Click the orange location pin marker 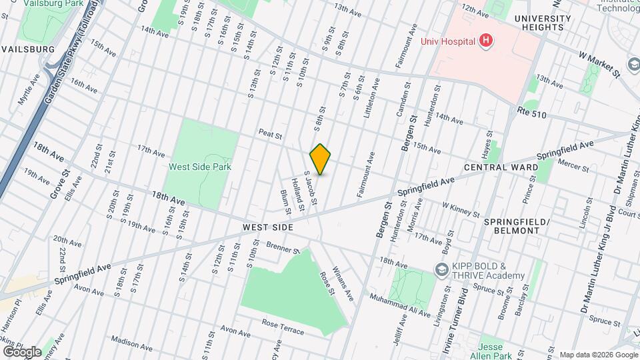[x=320, y=159]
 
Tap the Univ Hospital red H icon [x=486, y=41]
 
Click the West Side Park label [x=199, y=167]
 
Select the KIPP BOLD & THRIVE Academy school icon [x=441, y=270]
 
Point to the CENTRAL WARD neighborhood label [x=497, y=167]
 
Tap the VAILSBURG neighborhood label [x=27, y=49]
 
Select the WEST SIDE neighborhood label [x=267, y=227]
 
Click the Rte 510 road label [x=532, y=115]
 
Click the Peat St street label [x=271, y=134]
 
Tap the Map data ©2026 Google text [x=597, y=355]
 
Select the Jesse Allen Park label [x=499, y=347]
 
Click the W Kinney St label [x=461, y=211]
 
